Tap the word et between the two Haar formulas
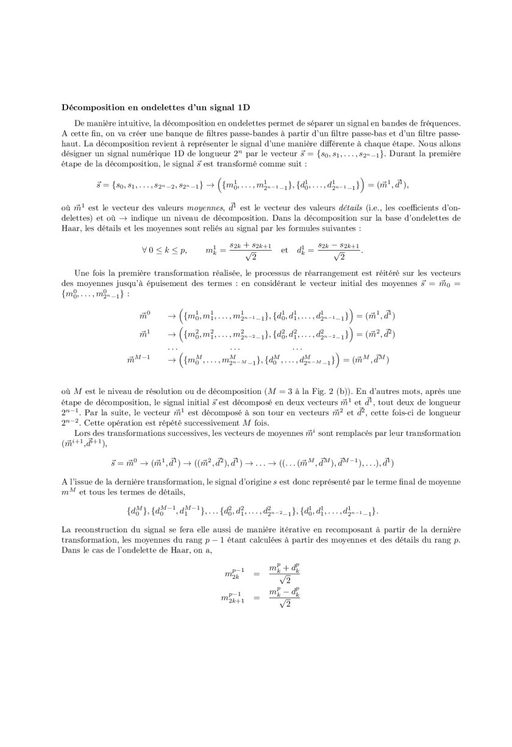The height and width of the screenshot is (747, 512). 284,249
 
